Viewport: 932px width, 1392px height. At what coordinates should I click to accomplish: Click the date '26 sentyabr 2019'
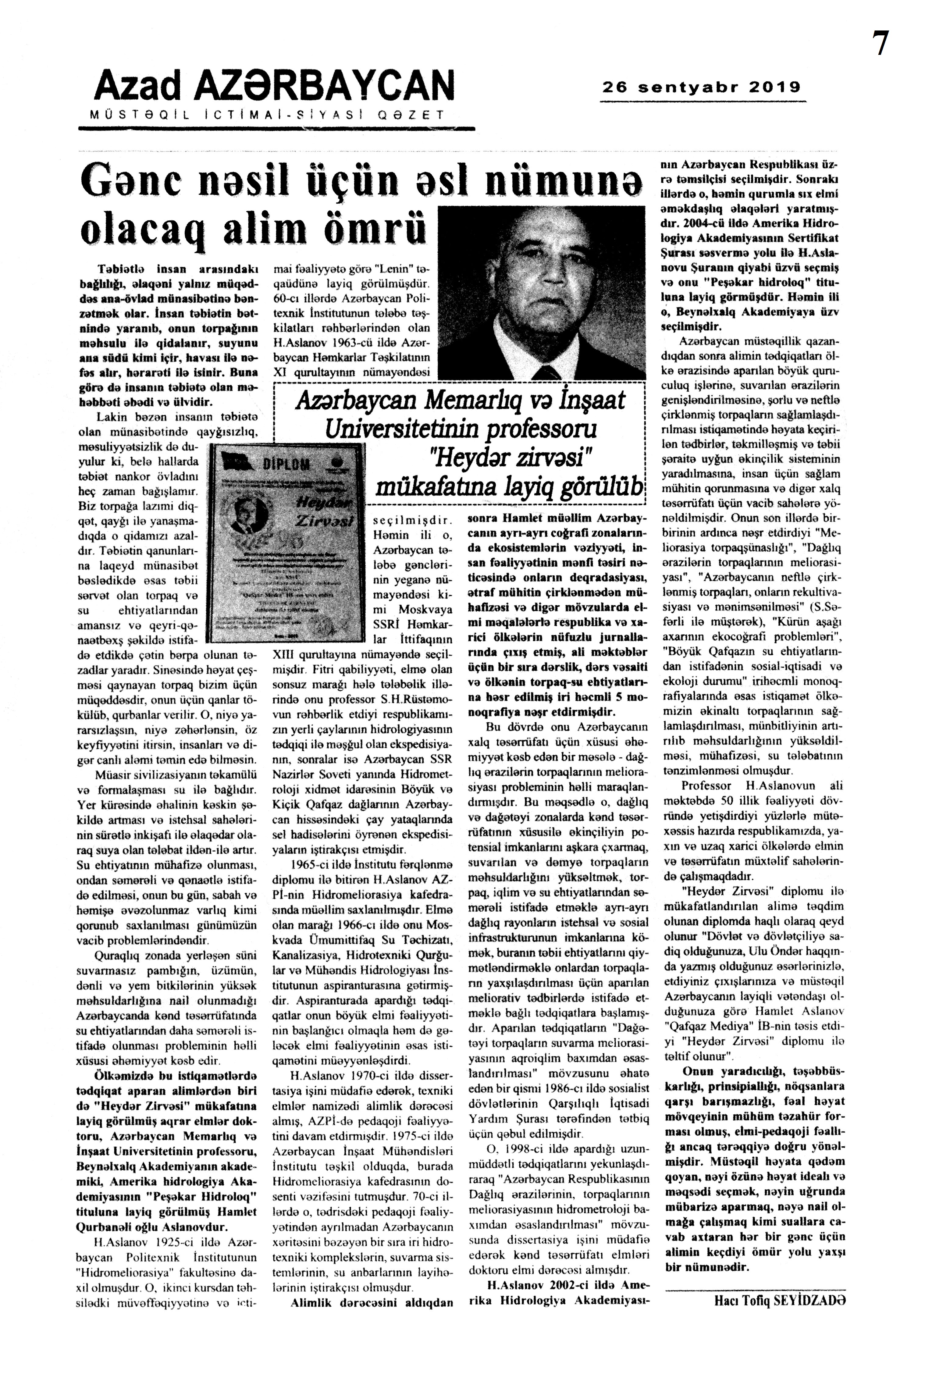pyautogui.click(x=701, y=88)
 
